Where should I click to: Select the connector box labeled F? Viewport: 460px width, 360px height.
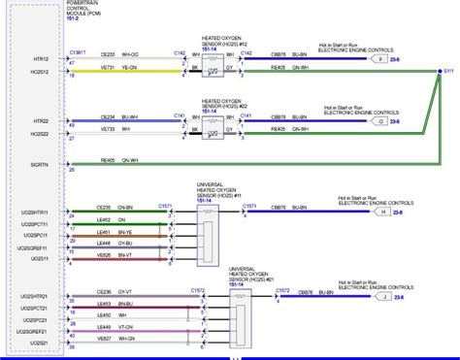click(x=380, y=59)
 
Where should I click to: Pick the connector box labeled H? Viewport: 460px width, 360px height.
click(x=382, y=211)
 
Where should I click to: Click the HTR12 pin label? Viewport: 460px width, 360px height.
click(x=45, y=58)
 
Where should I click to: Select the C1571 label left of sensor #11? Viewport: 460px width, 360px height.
click(x=167, y=205)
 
